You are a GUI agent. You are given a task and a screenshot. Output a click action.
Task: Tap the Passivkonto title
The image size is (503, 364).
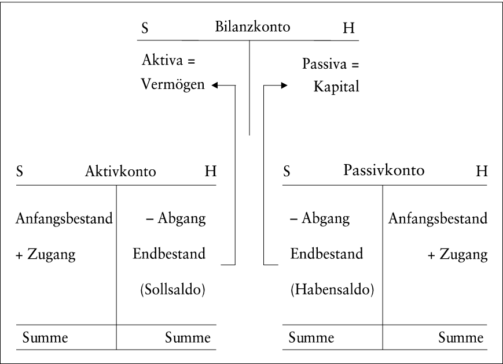click(x=384, y=171)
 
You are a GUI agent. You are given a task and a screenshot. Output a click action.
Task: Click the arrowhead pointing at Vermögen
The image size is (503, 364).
click(x=214, y=86)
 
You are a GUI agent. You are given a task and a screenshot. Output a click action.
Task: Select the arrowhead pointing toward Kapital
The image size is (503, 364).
click(x=284, y=86)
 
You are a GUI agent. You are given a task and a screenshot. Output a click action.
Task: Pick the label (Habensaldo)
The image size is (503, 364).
click(x=332, y=289)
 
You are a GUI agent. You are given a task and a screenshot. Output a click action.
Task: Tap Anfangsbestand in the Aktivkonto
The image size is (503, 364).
click(x=64, y=220)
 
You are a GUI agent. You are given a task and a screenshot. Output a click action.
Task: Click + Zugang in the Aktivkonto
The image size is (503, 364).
click(x=45, y=254)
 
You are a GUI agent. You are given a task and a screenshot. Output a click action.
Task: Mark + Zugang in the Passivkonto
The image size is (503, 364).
click(x=457, y=254)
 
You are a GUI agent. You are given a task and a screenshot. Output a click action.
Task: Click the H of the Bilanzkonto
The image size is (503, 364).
click(x=348, y=28)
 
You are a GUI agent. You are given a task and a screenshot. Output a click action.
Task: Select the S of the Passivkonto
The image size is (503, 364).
click(x=287, y=172)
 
